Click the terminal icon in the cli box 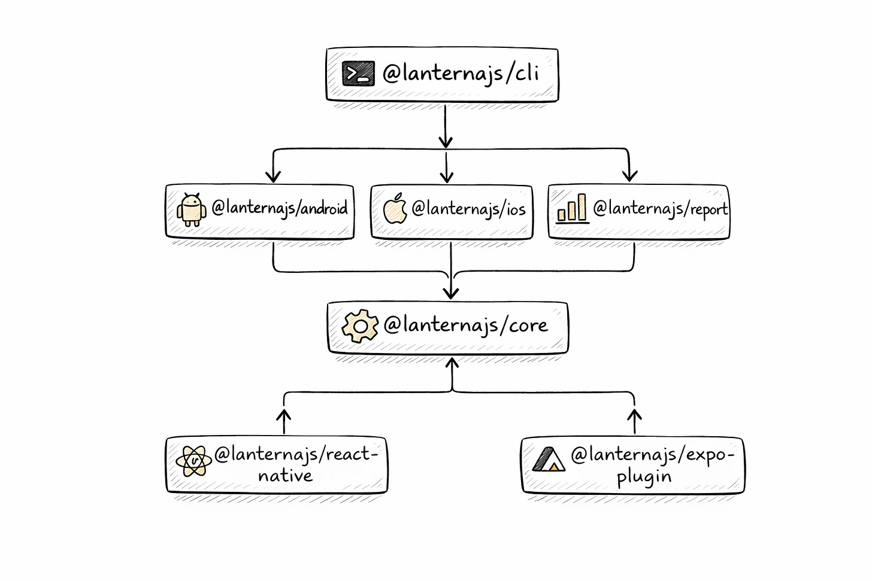point(358,74)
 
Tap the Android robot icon point(191,209)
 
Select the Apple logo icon point(395,209)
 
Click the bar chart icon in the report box point(572,209)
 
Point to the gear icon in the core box point(360,326)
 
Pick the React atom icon point(193,461)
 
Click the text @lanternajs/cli point(461,73)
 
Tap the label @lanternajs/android point(279,208)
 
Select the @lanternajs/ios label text point(468,208)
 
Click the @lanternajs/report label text point(660,208)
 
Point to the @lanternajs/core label point(465,325)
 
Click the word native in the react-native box point(285,476)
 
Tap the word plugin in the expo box point(644,477)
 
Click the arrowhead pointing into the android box point(273,176)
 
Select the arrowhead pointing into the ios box point(446,177)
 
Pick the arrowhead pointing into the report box point(629,175)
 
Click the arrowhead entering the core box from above point(451,293)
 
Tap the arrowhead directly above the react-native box point(284,414)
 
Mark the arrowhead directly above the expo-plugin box point(635,414)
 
